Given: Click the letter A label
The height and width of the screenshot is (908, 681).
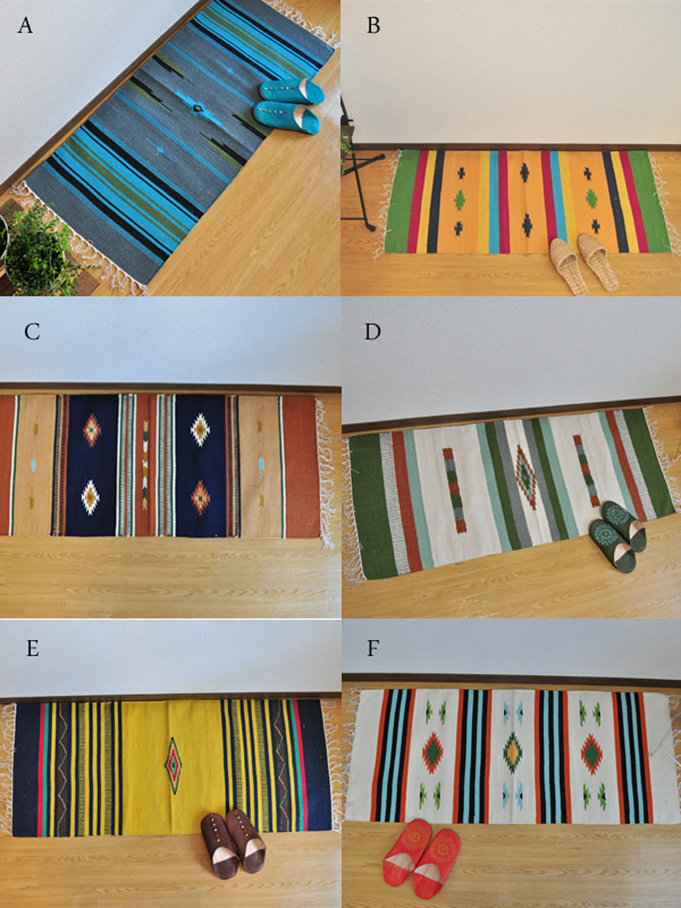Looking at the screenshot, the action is (x=25, y=25).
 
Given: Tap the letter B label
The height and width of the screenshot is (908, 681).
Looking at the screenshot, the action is (x=374, y=25).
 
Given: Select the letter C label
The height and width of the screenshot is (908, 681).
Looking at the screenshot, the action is (x=33, y=332).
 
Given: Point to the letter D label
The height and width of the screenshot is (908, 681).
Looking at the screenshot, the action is (x=372, y=332).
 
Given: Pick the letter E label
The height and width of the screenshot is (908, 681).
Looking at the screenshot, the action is (x=33, y=648).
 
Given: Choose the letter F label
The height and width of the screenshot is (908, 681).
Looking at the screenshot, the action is (x=372, y=648).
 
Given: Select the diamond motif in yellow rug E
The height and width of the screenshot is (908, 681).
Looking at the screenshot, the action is (x=174, y=765).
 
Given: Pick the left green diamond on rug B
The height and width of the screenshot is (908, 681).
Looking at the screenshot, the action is (x=459, y=200).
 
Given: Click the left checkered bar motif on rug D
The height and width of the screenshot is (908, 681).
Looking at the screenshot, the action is (x=455, y=490).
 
